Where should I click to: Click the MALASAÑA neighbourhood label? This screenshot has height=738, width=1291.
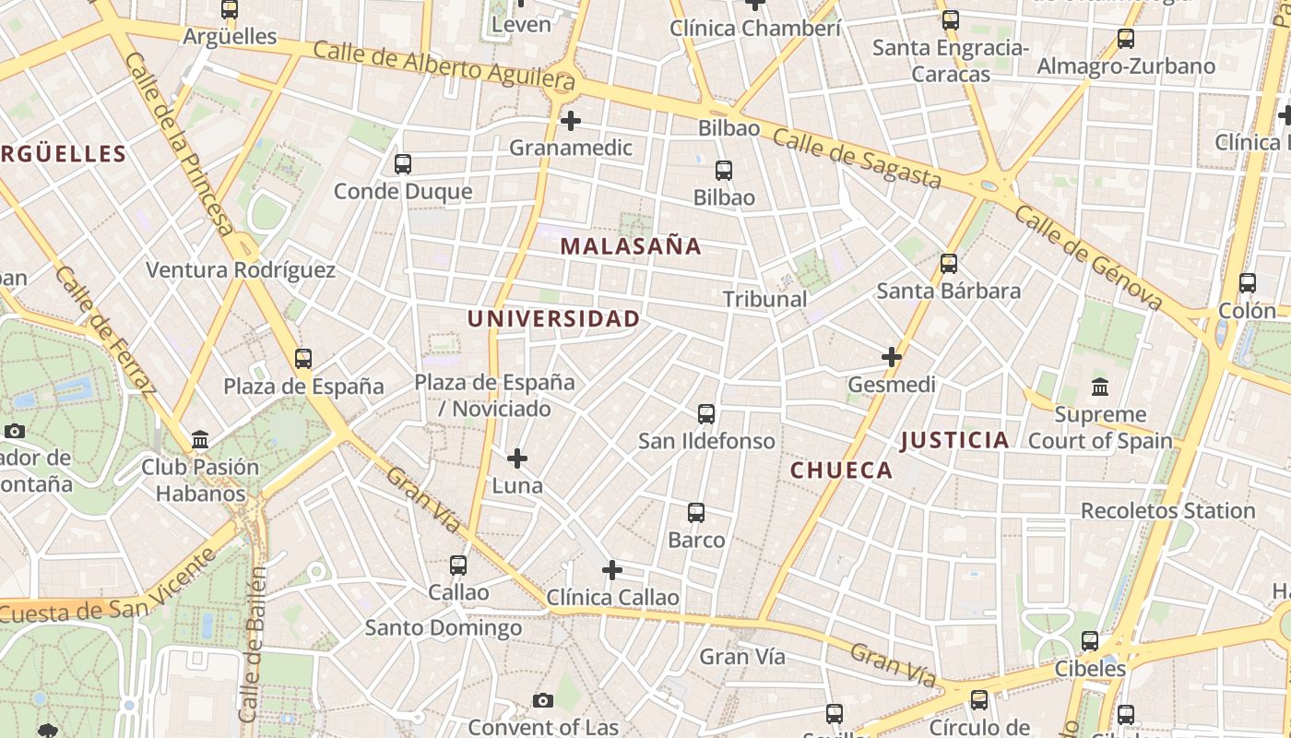click(631, 246)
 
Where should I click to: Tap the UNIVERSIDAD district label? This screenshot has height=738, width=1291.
click(553, 319)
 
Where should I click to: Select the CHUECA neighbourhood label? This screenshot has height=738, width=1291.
click(841, 470)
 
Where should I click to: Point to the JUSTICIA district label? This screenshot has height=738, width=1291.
click(954, 440)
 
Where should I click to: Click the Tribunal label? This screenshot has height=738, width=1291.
click(764, 299)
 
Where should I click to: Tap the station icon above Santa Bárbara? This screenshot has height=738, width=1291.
click(948, 264)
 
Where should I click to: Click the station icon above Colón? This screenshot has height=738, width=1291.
click(1247, 283)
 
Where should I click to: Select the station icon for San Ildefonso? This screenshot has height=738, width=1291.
click(706, 413)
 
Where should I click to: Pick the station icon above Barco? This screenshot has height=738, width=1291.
click(696, 513)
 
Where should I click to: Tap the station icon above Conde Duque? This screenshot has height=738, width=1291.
click(402, 164)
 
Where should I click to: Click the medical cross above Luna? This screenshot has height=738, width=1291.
click(517, 458)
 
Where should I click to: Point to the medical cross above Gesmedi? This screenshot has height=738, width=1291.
click(891, 356)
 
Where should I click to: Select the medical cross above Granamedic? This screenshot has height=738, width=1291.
click(571, 120)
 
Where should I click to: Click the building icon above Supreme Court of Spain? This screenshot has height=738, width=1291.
click(1099, 387)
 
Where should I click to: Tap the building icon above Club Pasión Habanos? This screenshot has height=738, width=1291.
click(200, 440)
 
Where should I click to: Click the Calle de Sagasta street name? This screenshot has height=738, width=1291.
click(857, 159)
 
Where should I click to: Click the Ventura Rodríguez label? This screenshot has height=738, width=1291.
click(241, 270)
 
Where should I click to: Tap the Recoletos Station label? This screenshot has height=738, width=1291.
click(1167, 511)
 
